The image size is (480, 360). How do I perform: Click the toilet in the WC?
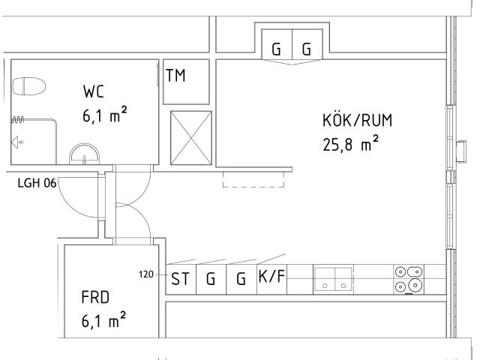(29, 86)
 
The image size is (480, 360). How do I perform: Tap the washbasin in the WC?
(85, 154)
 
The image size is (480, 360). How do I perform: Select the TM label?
(175, 75)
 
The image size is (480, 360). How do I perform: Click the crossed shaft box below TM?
(191, 138)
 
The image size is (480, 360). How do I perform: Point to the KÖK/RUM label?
(357, 120)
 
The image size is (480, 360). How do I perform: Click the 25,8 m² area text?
(351, 144)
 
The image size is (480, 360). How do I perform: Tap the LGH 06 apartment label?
(37, 183)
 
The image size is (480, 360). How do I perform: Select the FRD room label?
(95, 297)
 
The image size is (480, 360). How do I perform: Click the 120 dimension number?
(145, 274)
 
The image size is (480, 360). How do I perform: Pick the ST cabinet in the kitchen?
(181, 279)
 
